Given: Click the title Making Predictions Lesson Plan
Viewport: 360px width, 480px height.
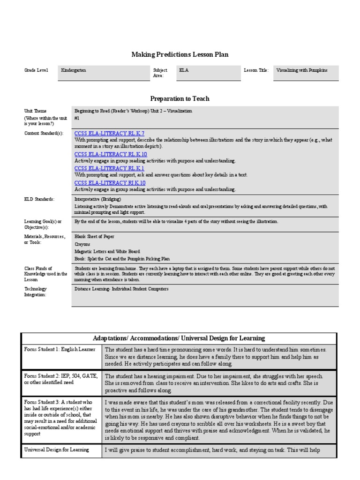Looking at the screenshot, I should pos(180,55).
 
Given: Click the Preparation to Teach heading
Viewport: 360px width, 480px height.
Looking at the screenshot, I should pos(180,98).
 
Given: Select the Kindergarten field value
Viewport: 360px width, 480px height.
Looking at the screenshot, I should pos(74,70).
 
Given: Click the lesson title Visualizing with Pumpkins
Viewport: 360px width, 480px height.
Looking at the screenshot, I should pos(302,70).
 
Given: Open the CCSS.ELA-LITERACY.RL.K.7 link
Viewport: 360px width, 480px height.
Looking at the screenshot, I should pos(109,134).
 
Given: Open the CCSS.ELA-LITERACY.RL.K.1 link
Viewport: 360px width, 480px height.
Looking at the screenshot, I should pos(109,168).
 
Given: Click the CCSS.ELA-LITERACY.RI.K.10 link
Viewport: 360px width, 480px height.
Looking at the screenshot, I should pos(110,183).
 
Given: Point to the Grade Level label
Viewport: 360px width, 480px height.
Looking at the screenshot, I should pos(36,70).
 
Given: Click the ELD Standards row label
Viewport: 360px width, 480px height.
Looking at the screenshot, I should pos(39,199).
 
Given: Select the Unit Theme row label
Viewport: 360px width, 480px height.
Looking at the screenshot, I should pos(36,111).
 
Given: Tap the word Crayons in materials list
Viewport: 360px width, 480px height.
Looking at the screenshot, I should pos(82,244).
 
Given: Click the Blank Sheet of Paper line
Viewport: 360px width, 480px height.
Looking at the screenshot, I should pos(94,237).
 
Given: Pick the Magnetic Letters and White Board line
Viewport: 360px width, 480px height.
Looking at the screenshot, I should pos(107,251).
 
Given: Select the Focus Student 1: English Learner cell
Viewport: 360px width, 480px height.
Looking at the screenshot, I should pos(60,350).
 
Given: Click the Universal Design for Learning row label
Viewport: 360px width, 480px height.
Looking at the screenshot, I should pos(57,450).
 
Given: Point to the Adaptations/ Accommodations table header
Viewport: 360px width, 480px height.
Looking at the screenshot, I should pos(179,338).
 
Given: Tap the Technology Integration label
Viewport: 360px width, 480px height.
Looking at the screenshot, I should pos(37,292).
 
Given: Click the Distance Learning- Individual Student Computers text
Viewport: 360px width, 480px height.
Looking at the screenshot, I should pos(121,289).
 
